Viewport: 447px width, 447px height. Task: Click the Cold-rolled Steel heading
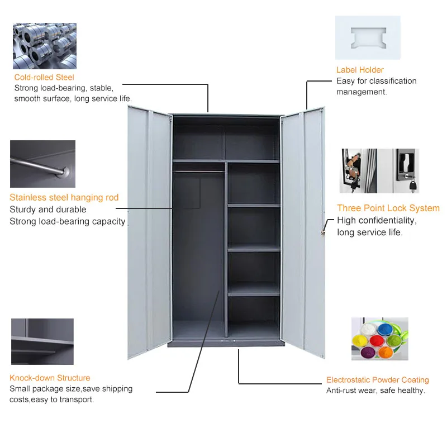(44, 77)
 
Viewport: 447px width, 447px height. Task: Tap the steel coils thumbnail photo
(45, 46)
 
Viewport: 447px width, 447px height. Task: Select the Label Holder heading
(360, 70)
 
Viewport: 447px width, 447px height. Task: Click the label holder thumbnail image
(368, 37)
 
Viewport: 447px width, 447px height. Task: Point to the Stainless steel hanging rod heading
(64, 197)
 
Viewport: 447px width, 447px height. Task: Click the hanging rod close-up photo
(42, 164)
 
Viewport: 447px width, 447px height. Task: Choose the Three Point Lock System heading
(388, 208)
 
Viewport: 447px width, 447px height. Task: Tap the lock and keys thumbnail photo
(379, 170)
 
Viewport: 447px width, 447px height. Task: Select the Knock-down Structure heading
(50, 378)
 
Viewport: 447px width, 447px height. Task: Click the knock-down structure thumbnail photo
(42, 341)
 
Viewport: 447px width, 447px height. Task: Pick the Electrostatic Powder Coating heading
(378, 380)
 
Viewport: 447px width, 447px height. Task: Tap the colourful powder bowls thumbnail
(380, 339)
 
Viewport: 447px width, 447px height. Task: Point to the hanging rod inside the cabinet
(199, 171)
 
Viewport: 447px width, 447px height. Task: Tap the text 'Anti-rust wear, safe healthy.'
(375, 391)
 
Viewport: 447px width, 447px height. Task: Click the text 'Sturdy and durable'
(48, 210)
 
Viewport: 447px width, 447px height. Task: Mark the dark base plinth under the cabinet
(227, 344)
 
